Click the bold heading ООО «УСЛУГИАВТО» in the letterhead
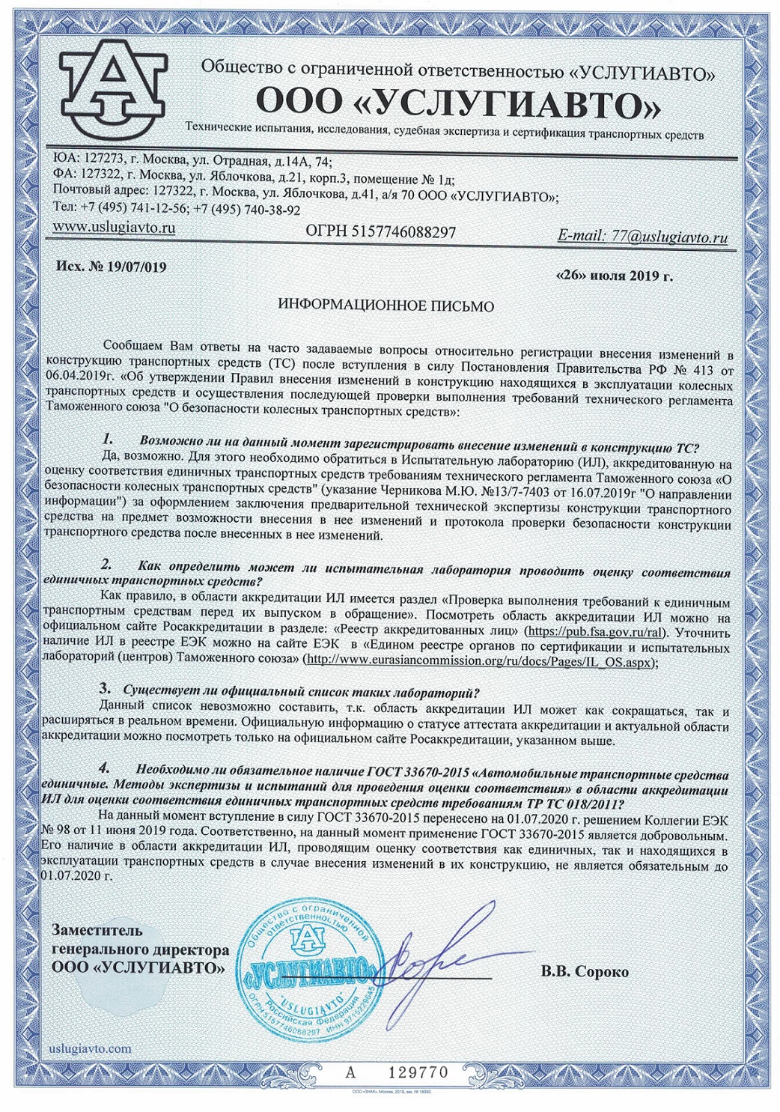[458, 104]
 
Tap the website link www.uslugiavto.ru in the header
[115, 227]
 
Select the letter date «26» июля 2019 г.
[615, 276]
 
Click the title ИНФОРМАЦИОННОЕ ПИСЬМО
[386, 306]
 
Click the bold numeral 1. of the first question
[108, 438]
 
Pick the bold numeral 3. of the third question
[106, 687]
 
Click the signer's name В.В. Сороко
[585, 972]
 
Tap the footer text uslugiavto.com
[89, 1048]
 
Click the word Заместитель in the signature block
[97, 931]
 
